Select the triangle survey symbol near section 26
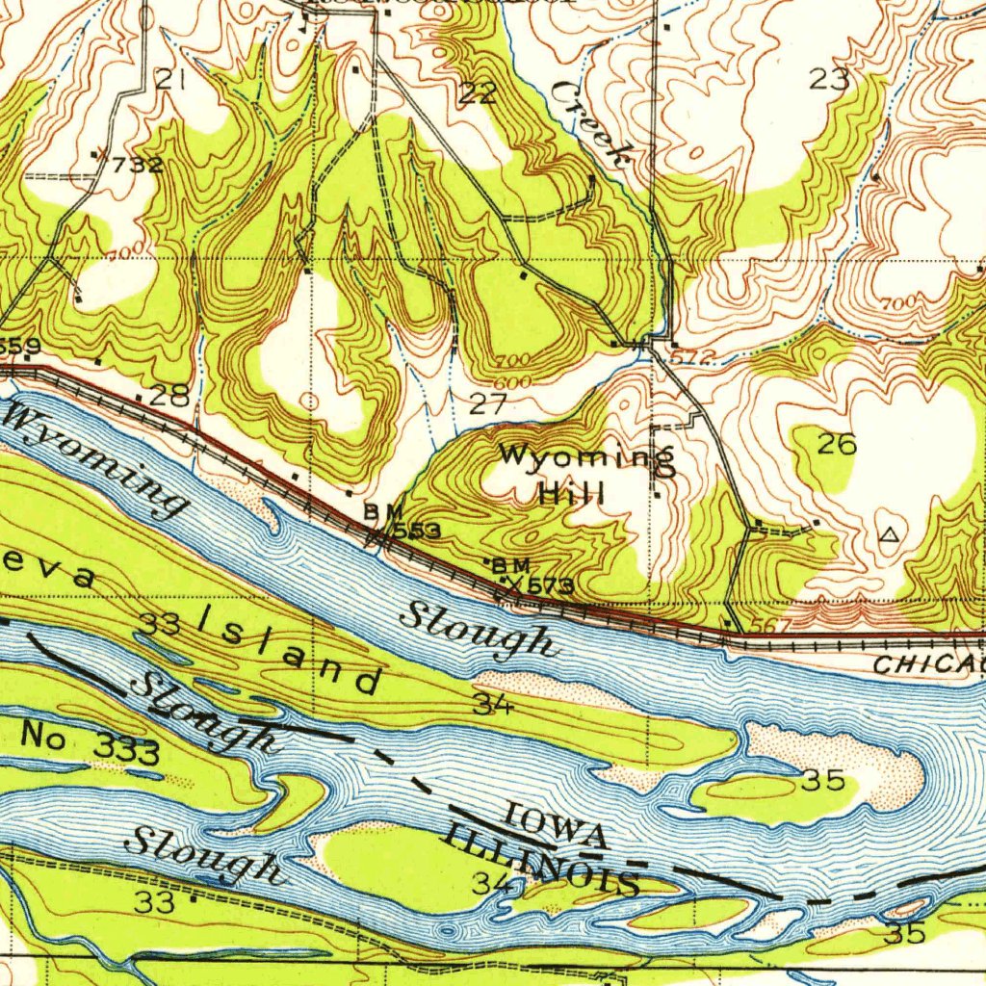click(x=889, y=532)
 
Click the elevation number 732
click(x=136, y=165)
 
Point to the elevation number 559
click(x=19, y=346)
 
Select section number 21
click(x=170, y=80)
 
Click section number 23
click(x=828, y=80)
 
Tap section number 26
click(x=836, y=444)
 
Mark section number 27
click(x=487, y=404)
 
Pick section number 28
click(x=169, y=395)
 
